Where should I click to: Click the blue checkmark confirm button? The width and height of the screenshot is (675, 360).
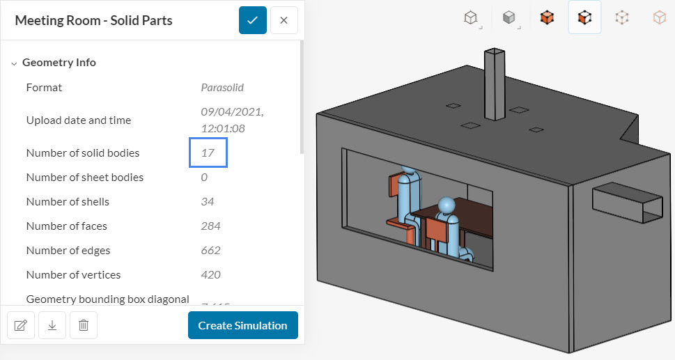[252, 20]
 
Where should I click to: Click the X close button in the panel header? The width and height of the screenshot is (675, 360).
[284, 20]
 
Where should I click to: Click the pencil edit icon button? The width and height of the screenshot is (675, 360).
[20, 325]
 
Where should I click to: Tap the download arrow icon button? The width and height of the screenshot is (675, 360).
[52, 325]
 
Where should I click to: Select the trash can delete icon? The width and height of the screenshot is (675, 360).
[84, 325]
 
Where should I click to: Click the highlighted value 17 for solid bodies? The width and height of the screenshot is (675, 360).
[208, 152]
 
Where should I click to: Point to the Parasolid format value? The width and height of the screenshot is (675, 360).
[222, 88]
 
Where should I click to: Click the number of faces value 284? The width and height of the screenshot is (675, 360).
[210, 226]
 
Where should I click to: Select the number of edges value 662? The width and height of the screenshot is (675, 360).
[210, 250]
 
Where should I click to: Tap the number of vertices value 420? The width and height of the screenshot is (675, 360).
[210, 274]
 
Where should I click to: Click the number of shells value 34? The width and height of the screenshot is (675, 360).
[208, 201]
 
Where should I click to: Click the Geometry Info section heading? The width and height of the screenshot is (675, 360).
[59, 63]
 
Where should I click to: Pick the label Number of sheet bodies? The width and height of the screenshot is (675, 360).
[85, 177]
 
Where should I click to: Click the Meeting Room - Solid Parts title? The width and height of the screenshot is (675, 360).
[93, 20]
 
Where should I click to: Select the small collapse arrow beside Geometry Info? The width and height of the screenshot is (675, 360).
[14, 63]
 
